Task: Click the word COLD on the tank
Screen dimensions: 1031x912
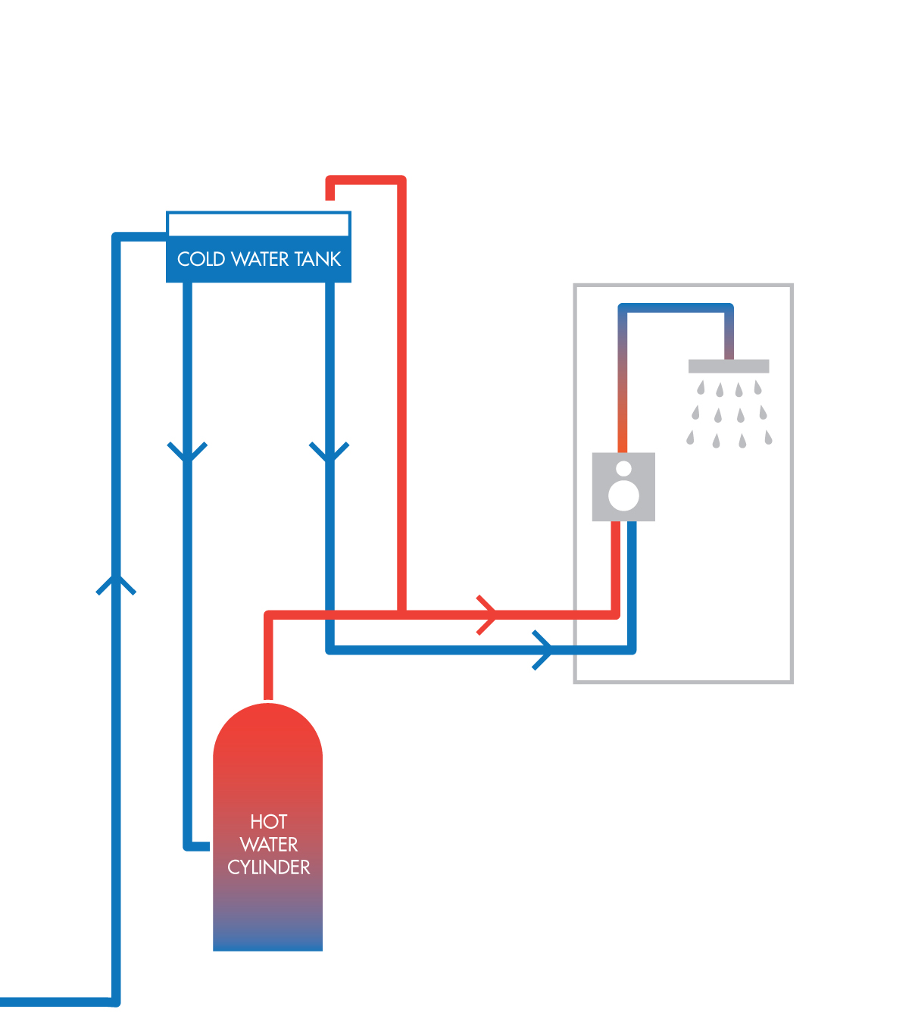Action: [201, 259]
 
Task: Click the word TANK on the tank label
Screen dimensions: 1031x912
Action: [318, 259]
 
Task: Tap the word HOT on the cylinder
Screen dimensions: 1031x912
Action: [268, 822]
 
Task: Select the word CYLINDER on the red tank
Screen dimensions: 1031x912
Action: [268, 867]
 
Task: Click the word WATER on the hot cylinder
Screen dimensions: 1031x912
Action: [268, 845]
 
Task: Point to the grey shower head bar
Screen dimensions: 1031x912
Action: [728, 367]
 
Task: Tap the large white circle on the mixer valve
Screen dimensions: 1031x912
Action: [623, 496]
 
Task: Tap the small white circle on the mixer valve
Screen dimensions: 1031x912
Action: [623, 468]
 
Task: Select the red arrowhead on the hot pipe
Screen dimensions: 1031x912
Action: [488, 614]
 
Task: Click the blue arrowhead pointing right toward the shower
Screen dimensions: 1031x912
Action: [542, 649]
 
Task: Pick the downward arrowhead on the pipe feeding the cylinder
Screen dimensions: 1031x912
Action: [187, 453]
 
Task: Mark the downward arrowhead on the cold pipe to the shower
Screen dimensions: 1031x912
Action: [330, 453]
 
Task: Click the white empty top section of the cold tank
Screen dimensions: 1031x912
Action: [258, 224]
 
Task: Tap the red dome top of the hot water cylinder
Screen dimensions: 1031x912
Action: [268, 727]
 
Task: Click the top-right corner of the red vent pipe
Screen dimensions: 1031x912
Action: [401, 180]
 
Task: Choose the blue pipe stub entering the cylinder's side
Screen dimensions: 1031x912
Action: [198, 846]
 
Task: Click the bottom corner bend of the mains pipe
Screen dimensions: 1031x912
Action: [116, 1001]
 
